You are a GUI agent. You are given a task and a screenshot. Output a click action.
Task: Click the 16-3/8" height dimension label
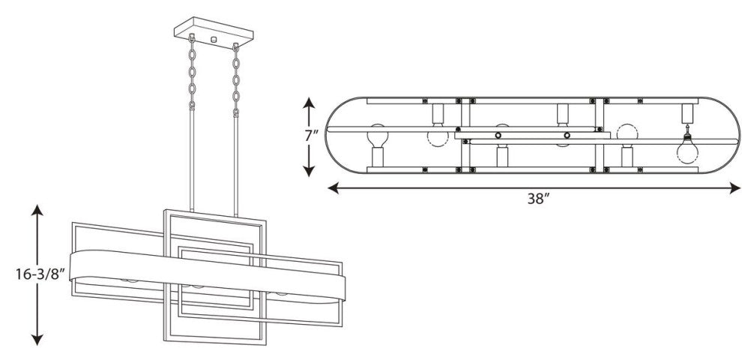click(39, 274)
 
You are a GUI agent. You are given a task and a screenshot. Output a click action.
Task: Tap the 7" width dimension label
click(311, 136)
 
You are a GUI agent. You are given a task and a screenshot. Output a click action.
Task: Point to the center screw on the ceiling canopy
click(214, 40)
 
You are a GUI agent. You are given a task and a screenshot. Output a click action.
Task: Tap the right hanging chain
click(235, 80)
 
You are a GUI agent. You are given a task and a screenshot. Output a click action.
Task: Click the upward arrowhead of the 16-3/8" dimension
click(37, 210)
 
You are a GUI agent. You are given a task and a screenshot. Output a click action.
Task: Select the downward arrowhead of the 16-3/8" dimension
click(37, 339)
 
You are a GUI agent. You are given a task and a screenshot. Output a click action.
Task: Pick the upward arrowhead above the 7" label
click(309, 103)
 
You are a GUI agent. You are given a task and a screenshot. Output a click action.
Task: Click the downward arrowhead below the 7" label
click(309, 170)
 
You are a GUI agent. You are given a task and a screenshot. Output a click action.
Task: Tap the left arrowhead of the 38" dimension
click(334, 188)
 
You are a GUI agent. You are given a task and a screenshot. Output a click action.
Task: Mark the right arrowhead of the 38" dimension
click(735, 188)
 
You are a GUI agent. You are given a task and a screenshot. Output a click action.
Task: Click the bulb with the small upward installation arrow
click(687, 148)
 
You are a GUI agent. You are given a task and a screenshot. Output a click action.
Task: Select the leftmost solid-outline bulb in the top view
click(378, 136)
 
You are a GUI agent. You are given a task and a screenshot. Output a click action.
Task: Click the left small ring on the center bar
click(498, 136)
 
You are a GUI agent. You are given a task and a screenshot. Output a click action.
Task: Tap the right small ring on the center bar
click(567, 136)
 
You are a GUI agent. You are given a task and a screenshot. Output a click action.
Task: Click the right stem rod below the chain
click(235, 166)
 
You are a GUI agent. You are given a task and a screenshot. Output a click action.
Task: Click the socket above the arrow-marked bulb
click(687, 114)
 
